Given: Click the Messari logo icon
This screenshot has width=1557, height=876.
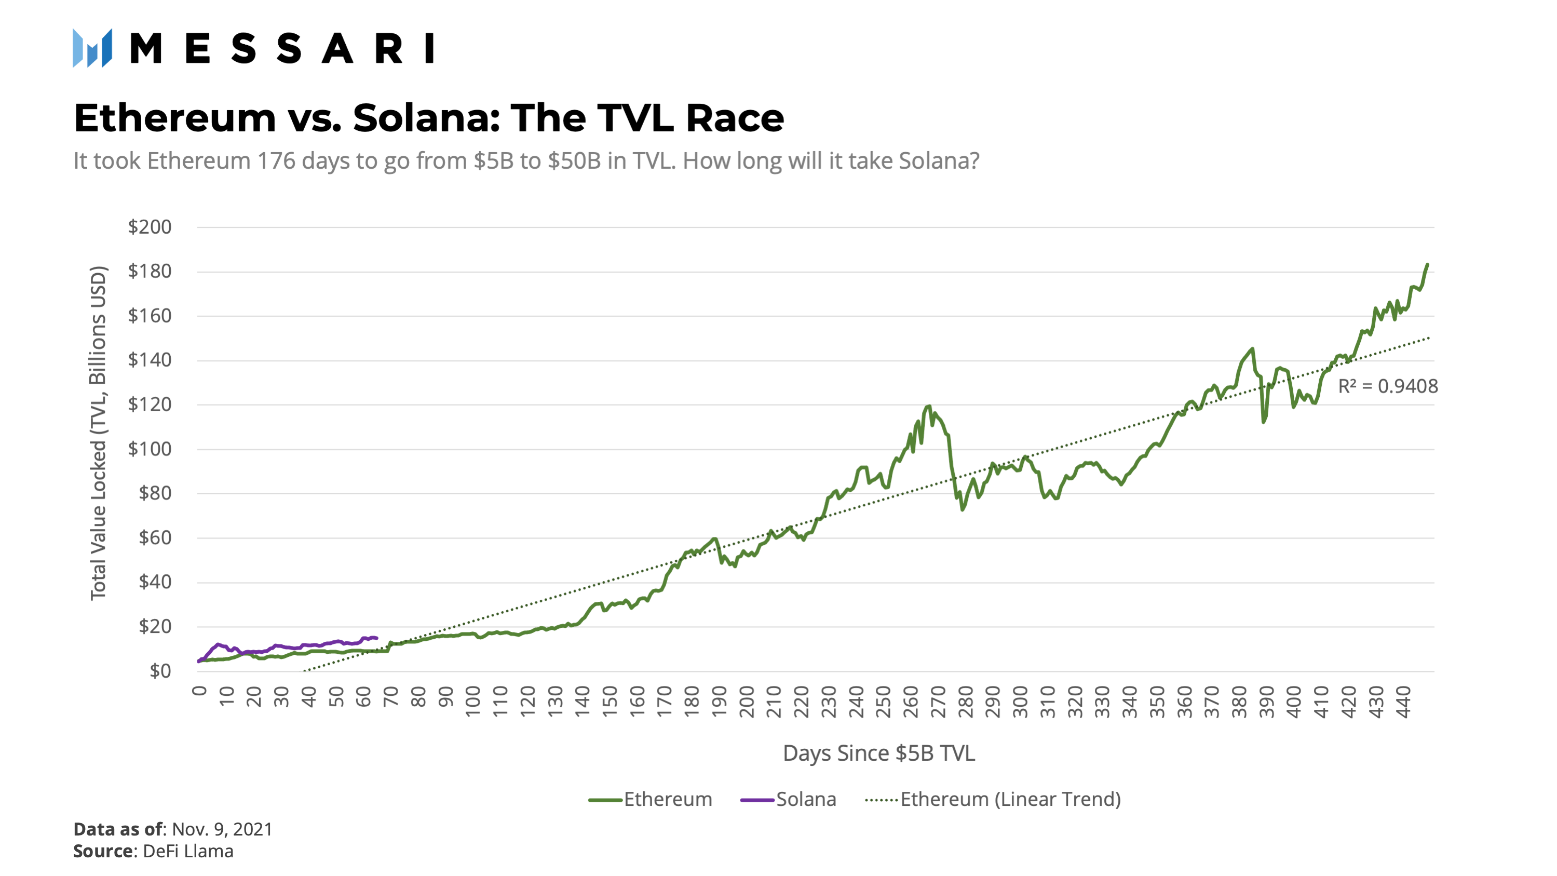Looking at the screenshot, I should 92,48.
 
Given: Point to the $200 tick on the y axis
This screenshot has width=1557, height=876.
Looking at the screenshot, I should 150,227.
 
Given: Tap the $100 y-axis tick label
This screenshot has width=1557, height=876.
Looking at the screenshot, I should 150,449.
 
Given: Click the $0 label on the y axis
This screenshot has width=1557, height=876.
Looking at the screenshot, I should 160,670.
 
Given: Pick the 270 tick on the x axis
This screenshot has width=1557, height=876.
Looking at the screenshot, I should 938,702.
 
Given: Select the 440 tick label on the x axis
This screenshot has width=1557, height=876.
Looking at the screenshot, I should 1403,702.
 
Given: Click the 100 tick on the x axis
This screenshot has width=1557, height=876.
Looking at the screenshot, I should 472,702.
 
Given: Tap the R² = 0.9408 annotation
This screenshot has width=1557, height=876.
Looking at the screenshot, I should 1388,386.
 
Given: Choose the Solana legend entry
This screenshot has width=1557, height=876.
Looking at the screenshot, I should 789,799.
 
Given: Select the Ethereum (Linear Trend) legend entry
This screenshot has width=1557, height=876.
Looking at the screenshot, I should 993,799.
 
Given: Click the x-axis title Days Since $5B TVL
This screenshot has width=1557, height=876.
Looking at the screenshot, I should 879,753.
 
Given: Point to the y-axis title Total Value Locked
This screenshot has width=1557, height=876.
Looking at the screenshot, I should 98,433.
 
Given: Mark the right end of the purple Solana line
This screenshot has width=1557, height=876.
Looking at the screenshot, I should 376,638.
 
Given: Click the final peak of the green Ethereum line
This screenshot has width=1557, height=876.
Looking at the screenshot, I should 1427,264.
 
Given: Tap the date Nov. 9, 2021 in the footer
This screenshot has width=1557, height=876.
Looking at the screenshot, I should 222,829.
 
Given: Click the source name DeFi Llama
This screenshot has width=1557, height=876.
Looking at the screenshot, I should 188,851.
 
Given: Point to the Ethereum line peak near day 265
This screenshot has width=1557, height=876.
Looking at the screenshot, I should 929,406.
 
